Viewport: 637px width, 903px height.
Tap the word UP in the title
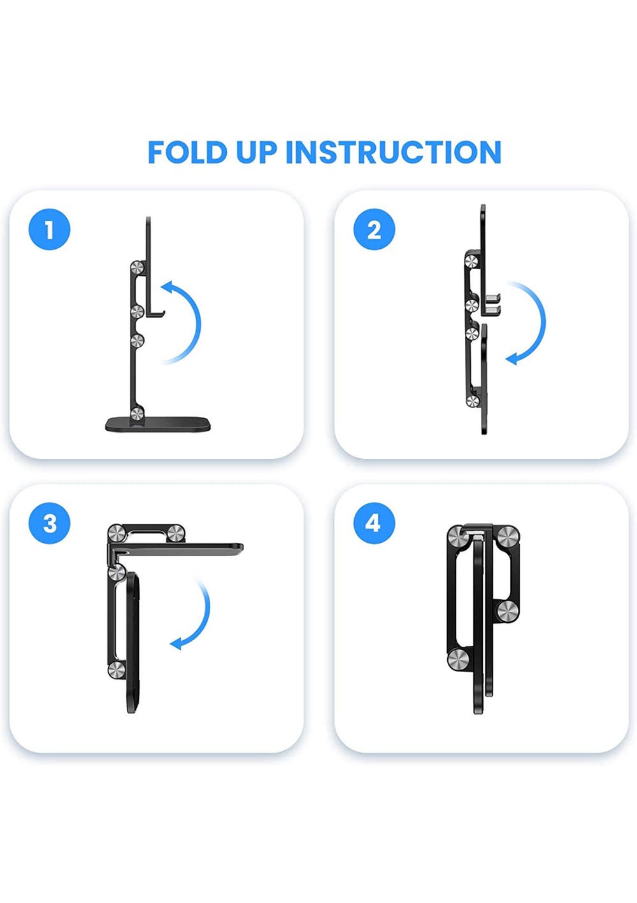[257, 152]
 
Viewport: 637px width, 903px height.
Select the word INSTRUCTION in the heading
[394, 152]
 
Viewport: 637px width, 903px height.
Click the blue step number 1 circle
[49, 230]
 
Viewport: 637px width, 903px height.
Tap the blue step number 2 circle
[374, 230]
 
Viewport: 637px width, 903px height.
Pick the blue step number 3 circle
[49, 523]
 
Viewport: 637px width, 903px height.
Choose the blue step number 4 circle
[374, 523]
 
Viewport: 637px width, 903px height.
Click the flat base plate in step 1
[159, 424]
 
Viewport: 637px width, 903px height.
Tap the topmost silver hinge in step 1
[138, 268]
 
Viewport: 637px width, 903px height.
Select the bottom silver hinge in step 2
[472, 401]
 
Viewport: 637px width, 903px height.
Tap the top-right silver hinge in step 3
[176, 534]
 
